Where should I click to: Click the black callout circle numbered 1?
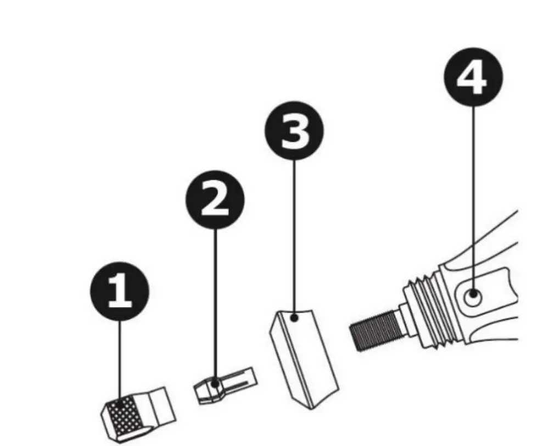point(119,291)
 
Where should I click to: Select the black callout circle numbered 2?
point(215,199)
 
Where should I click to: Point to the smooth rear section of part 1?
point(162,404)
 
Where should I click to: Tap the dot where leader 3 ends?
point(295,317)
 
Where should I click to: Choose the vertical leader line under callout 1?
point(120,357)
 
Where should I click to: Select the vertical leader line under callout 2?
point(215,302)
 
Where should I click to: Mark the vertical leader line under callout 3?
point(294,236)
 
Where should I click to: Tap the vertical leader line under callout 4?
point(473,192)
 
